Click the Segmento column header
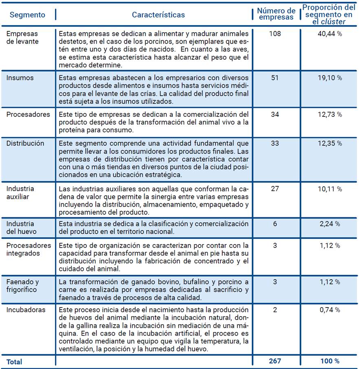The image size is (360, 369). point(27,15)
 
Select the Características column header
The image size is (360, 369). point(158,15)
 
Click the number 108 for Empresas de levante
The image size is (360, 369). point(275,33)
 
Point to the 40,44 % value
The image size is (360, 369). point(329,33)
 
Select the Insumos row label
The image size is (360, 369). point(20,78)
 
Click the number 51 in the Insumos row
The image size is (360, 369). point(275,78)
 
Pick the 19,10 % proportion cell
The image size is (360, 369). point(329,78)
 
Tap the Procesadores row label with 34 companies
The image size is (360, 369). point(28,114)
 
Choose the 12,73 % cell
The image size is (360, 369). point(329,114)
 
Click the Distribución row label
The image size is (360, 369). point(25,143)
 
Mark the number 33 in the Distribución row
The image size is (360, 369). point(275,143)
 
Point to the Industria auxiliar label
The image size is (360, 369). point(20,192)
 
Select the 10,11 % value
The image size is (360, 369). point(329,189)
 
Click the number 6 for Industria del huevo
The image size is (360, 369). point(275,224)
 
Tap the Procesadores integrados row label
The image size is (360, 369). point(29,249)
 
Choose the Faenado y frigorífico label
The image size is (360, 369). point(22,286)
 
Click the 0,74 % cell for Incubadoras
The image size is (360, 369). point(329,310)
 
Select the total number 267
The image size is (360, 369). point(275,361)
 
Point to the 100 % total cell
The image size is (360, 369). point(329,361)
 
